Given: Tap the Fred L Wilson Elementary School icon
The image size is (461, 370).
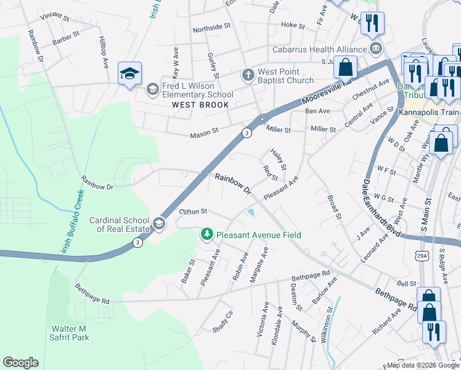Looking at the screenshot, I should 152,90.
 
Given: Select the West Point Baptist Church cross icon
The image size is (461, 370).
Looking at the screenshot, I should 248,75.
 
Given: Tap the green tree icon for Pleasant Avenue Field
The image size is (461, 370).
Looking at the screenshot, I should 206,234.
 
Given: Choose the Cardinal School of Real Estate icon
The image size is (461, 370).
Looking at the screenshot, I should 159,224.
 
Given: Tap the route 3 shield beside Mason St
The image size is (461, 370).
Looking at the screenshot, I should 246,132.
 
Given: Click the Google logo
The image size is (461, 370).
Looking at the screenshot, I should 20,363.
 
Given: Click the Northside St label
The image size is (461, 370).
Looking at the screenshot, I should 211,27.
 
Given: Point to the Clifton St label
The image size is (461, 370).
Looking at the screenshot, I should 193,212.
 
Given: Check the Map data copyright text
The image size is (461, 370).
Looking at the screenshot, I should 423,365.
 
